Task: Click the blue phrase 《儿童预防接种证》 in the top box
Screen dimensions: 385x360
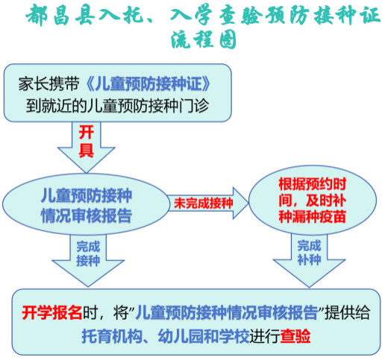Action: (x=148, y=84)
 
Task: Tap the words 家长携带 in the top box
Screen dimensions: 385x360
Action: (x=49, y=84)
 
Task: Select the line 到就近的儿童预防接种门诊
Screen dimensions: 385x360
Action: (x=117, y=106)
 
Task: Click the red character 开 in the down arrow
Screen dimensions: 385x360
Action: (x=87, y=132)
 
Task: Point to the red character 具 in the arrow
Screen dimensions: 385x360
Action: (x=87, y=150)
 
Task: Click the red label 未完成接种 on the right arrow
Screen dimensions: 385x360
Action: (x=203, y=203)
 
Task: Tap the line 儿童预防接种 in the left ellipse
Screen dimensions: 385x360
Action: (x=87, y=195)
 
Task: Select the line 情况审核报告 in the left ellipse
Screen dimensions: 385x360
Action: (x=87, y=215)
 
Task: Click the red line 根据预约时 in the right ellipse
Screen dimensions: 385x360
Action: (x=313, y=184)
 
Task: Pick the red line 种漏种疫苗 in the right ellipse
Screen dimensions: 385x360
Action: (x=313, y=216)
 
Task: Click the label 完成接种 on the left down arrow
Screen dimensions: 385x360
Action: (x=88, y=253)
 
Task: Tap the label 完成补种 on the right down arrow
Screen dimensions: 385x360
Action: (x=309, y=253)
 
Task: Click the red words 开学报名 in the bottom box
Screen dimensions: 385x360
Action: (x=52, y=312)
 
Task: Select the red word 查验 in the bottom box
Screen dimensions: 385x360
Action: (x=295, y=336)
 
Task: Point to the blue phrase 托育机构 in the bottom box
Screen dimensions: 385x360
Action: (x=112, y=336)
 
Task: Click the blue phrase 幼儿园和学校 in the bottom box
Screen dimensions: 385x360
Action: (x=204, y=336)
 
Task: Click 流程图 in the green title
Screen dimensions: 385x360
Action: (x=203, y=40)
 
